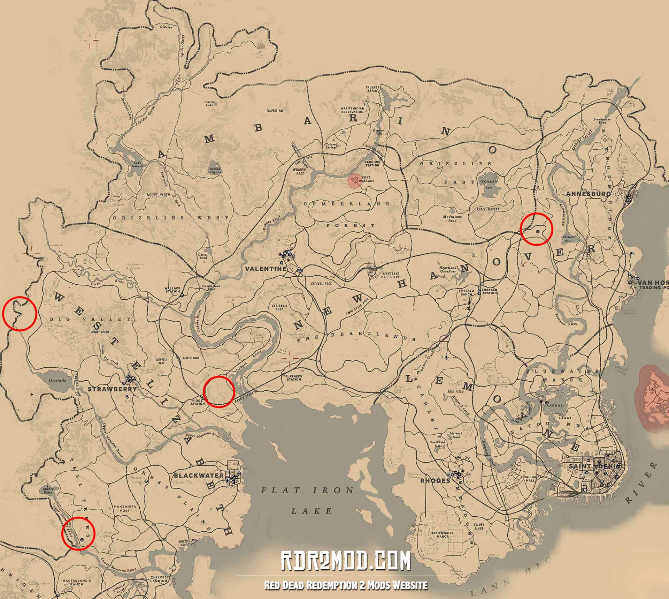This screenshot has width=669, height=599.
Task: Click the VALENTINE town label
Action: click(266, 269)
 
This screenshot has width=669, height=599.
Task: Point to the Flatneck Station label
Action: click(294, 378)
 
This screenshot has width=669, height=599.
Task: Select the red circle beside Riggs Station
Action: click(218, 391)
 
